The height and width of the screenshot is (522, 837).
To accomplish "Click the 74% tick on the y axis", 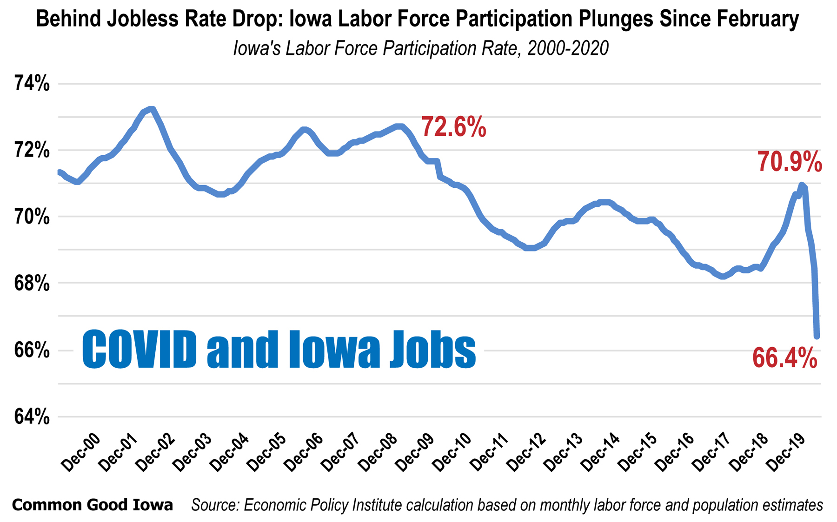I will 32,84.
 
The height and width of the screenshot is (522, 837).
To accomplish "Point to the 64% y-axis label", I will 32,417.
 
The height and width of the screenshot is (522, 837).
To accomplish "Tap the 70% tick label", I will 32,217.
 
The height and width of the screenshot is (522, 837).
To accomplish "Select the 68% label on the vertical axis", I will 32,283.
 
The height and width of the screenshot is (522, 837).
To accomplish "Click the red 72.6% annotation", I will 453,127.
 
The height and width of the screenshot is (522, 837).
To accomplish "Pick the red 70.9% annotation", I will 790,162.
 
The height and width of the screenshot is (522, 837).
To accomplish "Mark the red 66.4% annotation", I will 784,358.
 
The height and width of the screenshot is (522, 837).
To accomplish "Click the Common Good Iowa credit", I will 92,505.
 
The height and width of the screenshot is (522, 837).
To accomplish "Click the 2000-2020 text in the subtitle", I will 568,48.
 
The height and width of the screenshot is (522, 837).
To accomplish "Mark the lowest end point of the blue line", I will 817,336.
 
